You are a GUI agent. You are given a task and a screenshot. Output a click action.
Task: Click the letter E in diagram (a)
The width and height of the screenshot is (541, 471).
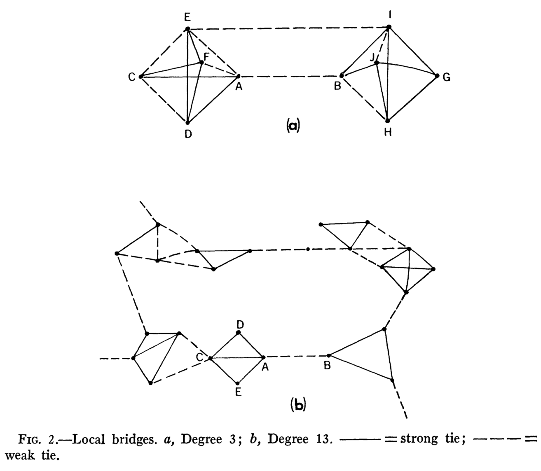click(x=187, y=17)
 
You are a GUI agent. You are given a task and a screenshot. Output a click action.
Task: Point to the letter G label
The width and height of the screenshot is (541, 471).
click(x=447, y=77)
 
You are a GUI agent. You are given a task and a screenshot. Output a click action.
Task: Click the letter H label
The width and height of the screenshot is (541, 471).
click(x=388, y=133)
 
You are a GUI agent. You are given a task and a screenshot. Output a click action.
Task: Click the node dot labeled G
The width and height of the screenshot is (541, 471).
click(x=437, y=75)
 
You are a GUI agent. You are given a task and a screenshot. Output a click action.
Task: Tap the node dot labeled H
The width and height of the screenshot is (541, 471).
click(x=387, y=121)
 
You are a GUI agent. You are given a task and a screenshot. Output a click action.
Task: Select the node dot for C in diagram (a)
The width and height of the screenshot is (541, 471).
click(x=141, y=77)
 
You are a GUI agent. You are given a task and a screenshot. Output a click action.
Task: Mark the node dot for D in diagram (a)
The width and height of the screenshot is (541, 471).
click(x=187, y=122)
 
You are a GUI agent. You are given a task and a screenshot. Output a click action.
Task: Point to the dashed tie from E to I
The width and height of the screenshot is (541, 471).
click(x=288, y=28)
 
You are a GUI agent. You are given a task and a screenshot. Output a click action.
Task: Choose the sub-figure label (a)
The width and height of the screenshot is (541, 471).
click(x=293, y=125)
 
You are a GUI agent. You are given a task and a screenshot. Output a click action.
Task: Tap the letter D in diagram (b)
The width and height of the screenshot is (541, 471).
click(x=240, y=324)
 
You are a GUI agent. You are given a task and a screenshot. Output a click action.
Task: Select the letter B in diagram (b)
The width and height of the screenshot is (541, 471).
click(x=327, y=365)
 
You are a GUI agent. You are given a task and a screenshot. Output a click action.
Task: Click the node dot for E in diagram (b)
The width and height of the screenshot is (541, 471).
click(x=238, y=383)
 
